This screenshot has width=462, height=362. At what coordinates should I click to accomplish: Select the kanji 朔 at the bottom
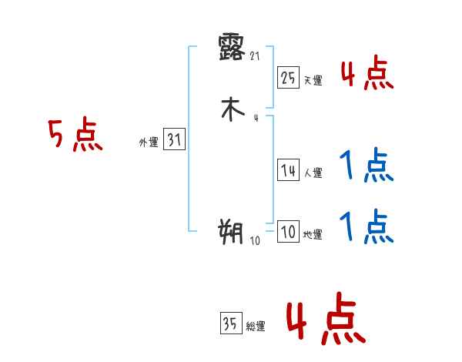tap(231, 230)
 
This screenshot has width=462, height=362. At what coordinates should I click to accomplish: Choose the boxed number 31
tap(175, 140)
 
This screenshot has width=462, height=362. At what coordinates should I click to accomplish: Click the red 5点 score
tap(75, 136)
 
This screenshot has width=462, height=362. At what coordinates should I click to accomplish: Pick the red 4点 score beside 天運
tap(367, 75)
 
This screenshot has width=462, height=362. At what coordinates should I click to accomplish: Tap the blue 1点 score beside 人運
tap(367, 166)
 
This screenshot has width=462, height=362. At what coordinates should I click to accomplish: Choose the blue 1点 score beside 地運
tap(367, 227)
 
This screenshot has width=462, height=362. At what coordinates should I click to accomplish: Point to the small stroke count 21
tap(256, 55)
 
